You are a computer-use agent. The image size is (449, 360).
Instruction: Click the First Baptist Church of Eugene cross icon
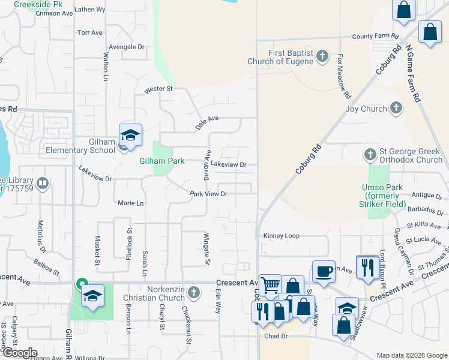322,58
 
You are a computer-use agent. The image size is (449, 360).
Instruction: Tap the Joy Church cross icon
396,108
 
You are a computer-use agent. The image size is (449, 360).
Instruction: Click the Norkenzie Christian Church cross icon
193,293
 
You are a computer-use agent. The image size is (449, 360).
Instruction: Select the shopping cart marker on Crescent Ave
270,284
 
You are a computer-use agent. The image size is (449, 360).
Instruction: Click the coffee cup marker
324,271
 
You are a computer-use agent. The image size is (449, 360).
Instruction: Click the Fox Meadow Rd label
343,77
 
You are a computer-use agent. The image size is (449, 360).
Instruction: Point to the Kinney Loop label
281,236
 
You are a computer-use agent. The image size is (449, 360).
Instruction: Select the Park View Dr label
208,194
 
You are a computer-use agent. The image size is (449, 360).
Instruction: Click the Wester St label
158,89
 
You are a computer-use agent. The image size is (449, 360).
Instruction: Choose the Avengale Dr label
127,47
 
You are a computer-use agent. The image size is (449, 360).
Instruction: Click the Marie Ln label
131,203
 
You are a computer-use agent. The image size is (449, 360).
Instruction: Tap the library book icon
43,183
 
